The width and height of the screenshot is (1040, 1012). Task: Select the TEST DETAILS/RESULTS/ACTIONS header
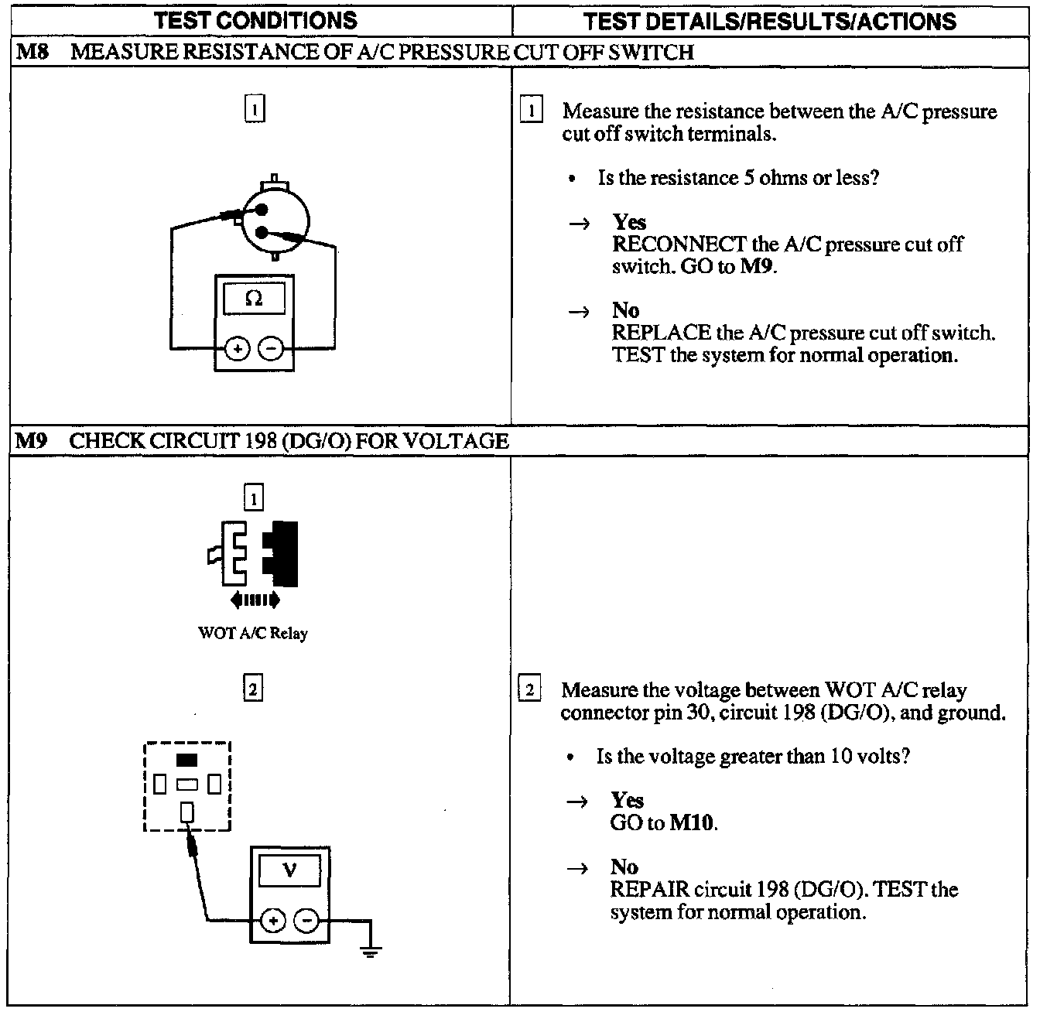[770, 21]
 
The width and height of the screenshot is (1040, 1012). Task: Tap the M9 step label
[32, 442]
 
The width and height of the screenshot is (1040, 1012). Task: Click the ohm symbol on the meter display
[253, 299]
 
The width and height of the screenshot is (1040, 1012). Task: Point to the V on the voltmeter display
[289, 871]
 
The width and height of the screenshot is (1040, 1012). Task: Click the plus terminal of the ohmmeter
[238, 350]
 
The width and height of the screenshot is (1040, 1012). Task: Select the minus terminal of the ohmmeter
[269, 350]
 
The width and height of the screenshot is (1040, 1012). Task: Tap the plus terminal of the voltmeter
[272, 921]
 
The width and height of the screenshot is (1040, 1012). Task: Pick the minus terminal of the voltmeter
[307, 921]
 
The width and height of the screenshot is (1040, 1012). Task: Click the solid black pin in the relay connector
[186, 760]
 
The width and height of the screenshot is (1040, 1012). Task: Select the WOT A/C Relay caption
[253, 634]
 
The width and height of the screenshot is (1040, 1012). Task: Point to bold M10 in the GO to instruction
[692, 822]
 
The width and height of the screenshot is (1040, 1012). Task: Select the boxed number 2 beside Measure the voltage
[529, 690]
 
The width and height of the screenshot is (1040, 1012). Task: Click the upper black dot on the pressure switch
[262, 210]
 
